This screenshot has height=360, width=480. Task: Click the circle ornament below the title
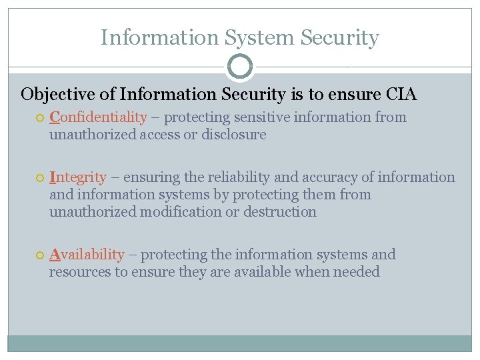pyautogui.click(x=240, y=67)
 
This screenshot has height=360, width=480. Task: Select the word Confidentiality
pyautogui.click(x=98, y=117)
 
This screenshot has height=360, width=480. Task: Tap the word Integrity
pyautogui.click(x=77, y=177)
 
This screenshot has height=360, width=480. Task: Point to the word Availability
pyautogui.click(x=87, y=255)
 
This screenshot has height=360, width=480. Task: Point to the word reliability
pyautogui.click(x=239, y=177)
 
